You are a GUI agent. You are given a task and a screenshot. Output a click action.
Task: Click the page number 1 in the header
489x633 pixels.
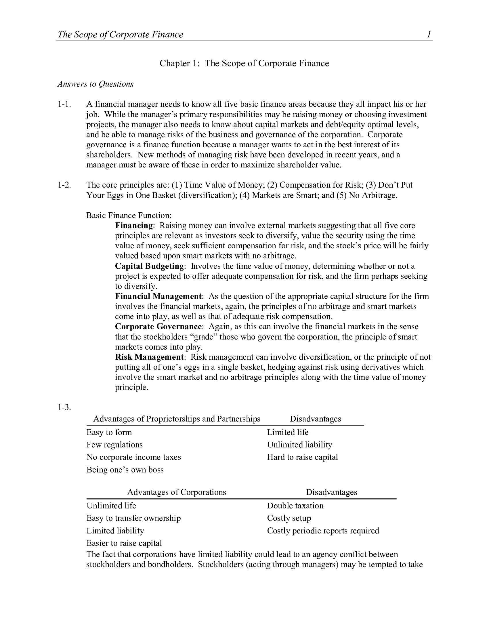coord(429,35)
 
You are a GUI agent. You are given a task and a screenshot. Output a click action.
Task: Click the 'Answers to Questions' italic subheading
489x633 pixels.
coord(95,84)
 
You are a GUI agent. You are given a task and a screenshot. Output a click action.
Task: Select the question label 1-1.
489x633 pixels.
coord(64,104)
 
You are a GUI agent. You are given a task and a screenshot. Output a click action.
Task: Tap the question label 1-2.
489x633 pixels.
coord(64,185)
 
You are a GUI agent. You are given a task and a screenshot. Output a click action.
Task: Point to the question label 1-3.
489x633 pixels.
coord(64,407)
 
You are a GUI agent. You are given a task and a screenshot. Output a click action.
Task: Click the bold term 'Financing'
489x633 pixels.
coord(134,226)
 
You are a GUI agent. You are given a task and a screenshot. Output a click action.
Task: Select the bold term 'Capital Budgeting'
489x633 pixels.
coord(150,266)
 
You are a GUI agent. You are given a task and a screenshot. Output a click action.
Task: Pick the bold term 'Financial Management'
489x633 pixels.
coord(158,296)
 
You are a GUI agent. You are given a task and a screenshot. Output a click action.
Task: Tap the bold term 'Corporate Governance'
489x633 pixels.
coord(158,327)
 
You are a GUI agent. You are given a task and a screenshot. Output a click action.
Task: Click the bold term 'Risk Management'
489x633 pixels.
coord(150,357)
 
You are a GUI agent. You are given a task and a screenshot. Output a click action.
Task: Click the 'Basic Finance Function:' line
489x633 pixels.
coord(129,215)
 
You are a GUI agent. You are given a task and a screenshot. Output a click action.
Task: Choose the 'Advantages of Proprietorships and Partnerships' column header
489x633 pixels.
coord(177,419)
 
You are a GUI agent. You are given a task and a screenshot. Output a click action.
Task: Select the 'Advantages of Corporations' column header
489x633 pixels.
coord(177,492)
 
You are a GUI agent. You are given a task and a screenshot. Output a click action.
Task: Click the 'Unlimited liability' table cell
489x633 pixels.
coord(299,445)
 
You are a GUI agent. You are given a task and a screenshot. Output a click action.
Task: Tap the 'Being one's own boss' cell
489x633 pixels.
coord(125,470)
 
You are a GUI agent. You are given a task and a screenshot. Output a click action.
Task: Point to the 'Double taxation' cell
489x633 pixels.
coord(295,506)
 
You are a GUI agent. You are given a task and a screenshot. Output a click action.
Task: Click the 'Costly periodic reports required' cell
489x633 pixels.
coord(323,531)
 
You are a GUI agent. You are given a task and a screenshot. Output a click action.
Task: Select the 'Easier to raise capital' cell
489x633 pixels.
coord(124,543)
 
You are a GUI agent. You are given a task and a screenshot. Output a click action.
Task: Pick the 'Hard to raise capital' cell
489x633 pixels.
coord(302,457)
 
